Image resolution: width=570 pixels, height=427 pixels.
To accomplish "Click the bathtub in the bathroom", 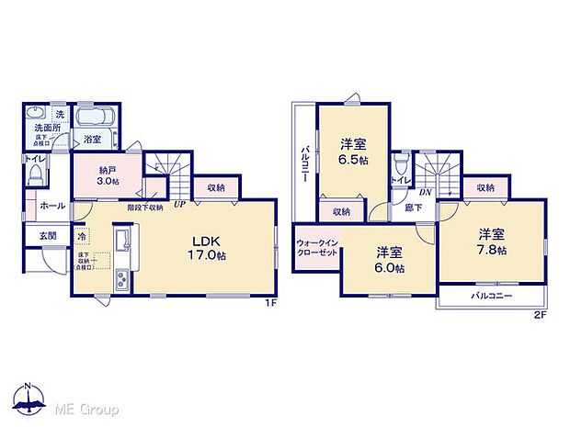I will pyautogui.click(x=92, y=119).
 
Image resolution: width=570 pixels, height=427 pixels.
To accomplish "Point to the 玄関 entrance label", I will pyautogui.click(x=47, y=236).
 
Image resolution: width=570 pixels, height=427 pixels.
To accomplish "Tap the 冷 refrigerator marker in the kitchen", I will pyautogui.click(x=81, y=234).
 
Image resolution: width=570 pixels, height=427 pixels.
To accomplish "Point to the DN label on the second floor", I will pyautogui.click(x=426, y=192).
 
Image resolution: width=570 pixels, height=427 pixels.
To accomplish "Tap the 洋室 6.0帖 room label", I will pyautogui.click(x=389, y=259).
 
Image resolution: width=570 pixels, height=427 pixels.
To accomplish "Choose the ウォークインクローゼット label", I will pyautogui.click(x=316, y=249).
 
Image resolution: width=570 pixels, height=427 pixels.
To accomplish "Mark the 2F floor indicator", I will pyautogui.click(x=541, y=315).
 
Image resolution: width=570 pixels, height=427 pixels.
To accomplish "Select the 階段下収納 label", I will pyautogui.click(x=145, y=208).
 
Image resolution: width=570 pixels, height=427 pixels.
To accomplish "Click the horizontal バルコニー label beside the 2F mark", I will pyautogui.click(x=492, y=297).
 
